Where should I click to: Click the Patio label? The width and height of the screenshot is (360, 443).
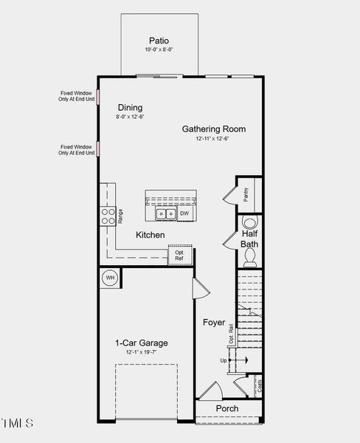click(x=159, y=41)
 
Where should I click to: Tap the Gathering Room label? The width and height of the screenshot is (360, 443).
click(x=214, y=129)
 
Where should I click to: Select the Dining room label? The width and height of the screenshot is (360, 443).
click(x=130, y=108)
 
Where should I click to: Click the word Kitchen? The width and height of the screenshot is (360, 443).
click(x=150, y=235)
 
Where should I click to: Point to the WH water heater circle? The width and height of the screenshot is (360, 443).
click(x=111, y=278)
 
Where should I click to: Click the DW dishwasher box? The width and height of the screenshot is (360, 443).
click(x=184, y=214)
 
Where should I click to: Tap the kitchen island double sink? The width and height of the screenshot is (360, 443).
click(x=165, y=214)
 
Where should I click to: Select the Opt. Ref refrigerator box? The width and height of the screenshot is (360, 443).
click(x=179, y=255)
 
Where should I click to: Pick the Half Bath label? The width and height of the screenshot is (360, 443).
click(x=249, y=238)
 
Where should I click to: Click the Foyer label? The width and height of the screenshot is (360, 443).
click(x=214, y=323)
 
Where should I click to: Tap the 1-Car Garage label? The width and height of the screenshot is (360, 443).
click(x=141, y=343)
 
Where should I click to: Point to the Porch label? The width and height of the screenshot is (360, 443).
click(x=227, y=408)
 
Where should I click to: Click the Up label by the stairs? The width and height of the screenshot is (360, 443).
click(x=224, y=360)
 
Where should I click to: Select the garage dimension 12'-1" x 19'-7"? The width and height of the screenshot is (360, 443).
click(x=141, y=353)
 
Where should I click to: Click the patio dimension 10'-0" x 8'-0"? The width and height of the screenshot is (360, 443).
click(x=159, y=50)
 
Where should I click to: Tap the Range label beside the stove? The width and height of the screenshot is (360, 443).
click(x=120, y=216)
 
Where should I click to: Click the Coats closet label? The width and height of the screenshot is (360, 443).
click(x=260, y=385)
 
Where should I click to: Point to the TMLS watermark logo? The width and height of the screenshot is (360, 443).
click(x=18, y=424)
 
